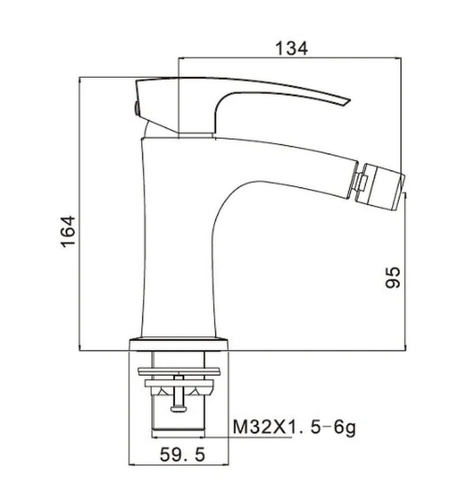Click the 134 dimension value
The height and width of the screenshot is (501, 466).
[x=291, y=48]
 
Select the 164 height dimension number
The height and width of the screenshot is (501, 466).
[x=68, y=231]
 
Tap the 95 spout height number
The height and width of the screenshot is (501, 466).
[x=392, y=278]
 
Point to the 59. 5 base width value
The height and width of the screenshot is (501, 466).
[x=182, y=454]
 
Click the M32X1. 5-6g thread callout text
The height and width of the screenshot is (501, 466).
[x=294, y=427]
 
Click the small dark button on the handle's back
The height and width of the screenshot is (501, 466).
[x=137, y=109]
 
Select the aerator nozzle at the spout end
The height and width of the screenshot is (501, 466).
[x=380, y=187]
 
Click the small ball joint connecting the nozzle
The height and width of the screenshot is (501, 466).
[x=360, y=182]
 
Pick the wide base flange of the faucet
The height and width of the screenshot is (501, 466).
[x=179, y=345]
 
